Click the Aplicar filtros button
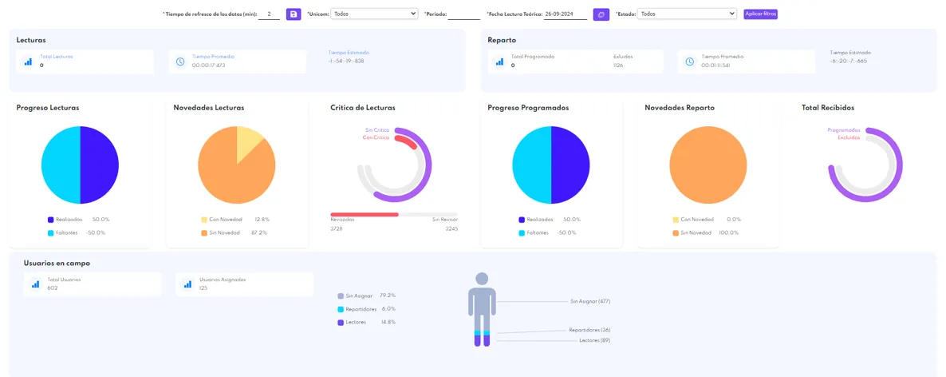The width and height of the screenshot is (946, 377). [759, 14]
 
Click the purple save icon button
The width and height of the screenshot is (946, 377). [294, 14]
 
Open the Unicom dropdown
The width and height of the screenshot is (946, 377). [373, 14]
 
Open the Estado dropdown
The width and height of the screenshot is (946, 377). [687, 14]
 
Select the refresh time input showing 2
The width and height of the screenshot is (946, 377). [270, 14]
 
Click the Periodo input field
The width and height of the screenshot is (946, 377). [463, 14]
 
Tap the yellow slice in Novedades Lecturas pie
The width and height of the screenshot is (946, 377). [249, 141]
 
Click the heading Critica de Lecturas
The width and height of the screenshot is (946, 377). [362, 107]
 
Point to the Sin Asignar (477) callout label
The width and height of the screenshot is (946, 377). [589, 302]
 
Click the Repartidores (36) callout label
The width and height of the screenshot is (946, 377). [589, 330]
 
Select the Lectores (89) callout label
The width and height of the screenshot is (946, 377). [594, 340]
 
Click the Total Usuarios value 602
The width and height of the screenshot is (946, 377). [53, 288]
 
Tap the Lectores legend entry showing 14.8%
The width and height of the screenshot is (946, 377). [366, 322]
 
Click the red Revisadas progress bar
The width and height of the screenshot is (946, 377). [365, 214]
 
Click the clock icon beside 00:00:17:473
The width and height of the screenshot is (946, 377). [180, 62]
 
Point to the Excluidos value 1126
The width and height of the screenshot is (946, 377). [618, 65]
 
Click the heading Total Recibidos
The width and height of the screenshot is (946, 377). [828, 107]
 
